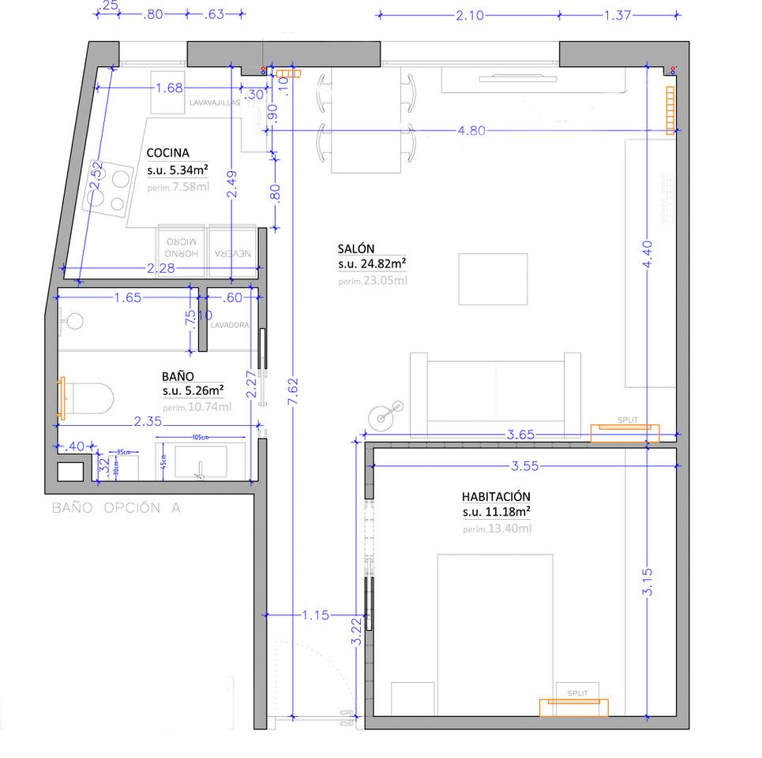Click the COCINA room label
click(x=167, y=154)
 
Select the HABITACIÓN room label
click(x=496, y=496)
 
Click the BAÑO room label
click(x=178, y=377)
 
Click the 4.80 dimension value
click(x=471, y=131)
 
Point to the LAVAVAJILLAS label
click(x=214, y=103)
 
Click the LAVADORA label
click(x=231, y=325)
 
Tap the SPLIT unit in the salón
click(x=625, y=428)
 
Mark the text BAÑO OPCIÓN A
click(x=116, y=509)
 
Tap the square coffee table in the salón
click(x=494, y=278)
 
